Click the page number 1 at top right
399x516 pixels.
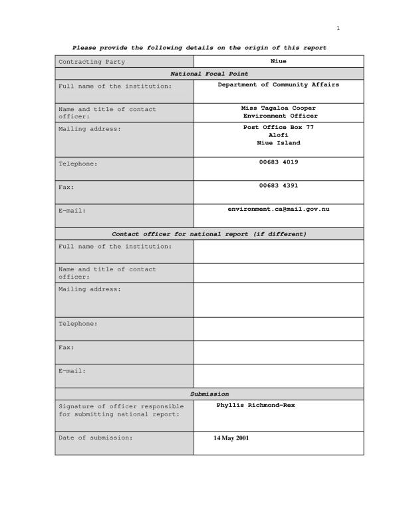tap(338, 28)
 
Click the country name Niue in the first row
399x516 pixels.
tap(279, 61)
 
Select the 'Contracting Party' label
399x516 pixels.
tap(92, 62)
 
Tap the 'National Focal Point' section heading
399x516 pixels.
tap(209, 74)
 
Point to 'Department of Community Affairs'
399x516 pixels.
tap(279, 84)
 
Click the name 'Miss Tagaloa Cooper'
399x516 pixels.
tap(279, 108)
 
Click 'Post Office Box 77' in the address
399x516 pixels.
tap(279, 127)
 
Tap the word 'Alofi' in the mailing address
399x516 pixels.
tap(279, 135)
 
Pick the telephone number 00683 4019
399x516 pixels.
tap(279, 162)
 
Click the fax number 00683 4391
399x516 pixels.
tap(279, 186)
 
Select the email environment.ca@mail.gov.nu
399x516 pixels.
tap(279, 209)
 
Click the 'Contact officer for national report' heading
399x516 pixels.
tap(209, 234)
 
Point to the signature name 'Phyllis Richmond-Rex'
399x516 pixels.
tap(255, 405)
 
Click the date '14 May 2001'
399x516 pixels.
tap(231, 438)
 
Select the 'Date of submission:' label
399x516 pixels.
tap(96, 438)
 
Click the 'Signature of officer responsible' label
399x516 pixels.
tap(121, 406)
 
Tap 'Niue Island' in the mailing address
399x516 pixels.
tap(279, 143)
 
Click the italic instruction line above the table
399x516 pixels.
tap(199, 48)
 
